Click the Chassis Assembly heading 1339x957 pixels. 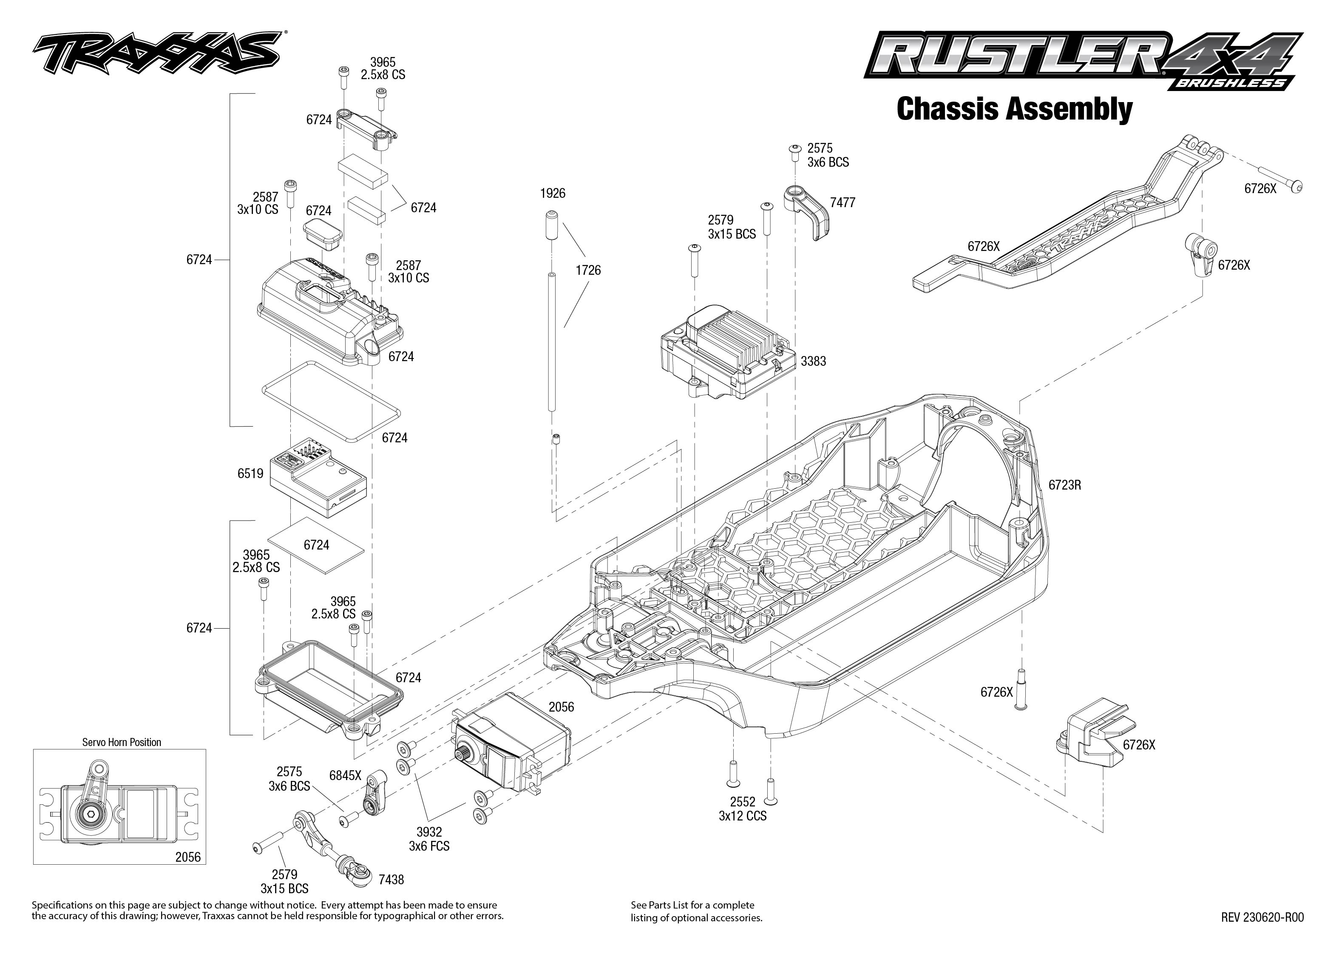pyautogui.click(x=1014, y=110)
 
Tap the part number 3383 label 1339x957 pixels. pyautogui.click(x=813, y=361)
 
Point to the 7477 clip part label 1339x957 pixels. pyautogui.click(x=842, y=203)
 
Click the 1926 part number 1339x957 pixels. pyautogui.click(x=552, y=193)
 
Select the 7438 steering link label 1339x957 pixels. pyautogui.click(x=391, y=880)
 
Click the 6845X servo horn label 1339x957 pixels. pyautogui.click(x=345, y=775)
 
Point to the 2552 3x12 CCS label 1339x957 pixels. pyautogui.click(x=743, y=809)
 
